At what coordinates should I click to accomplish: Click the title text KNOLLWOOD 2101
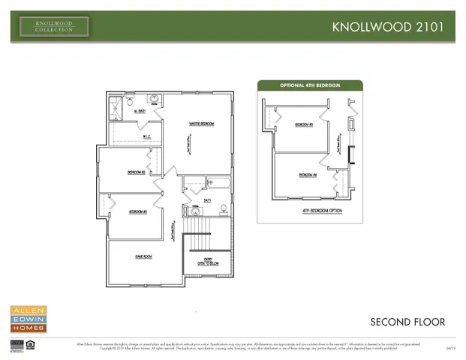click(392, 27)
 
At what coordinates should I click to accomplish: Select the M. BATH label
click(139, 112)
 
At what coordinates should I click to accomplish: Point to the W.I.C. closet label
click(147, 136)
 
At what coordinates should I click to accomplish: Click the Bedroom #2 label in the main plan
click(136, 172)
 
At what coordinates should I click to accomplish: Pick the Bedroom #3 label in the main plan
click(137, 211)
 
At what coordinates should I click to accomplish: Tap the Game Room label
click(143, 256)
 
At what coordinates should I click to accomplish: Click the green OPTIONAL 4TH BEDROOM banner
click(310, 85)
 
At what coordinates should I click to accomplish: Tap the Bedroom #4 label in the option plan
click(308, 175)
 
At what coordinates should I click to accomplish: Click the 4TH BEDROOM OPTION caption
click(316, 211)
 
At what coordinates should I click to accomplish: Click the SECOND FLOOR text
click(407, 322)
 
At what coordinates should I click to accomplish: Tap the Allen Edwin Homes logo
click(28, 319)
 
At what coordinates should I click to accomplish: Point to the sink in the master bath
click(155, 99)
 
